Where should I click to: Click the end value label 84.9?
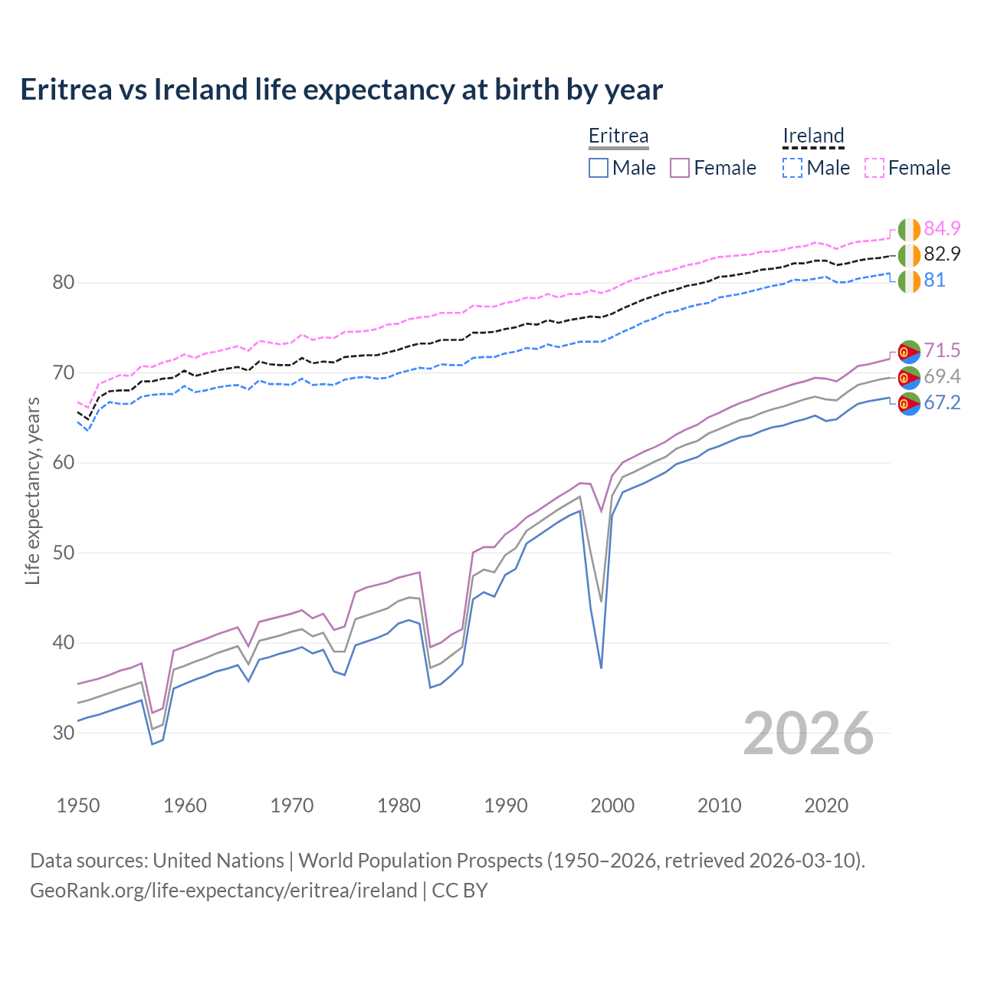942,228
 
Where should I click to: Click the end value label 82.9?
942,254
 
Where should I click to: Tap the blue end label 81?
934,280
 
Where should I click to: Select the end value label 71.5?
942,350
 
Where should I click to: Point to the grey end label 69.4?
942,376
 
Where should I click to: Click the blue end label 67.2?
942,402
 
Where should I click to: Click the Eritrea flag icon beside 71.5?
909,351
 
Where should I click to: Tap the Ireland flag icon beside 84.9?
909,229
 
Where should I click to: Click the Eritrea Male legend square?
599,168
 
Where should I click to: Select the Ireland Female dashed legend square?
874,168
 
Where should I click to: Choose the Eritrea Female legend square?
681,168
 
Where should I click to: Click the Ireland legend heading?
813,136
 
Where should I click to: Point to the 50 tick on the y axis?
64,553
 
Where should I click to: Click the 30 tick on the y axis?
64,733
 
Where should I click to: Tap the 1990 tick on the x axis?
506,805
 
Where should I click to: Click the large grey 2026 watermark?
809,733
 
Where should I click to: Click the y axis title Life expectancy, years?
33,490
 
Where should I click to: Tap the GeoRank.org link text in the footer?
223,890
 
